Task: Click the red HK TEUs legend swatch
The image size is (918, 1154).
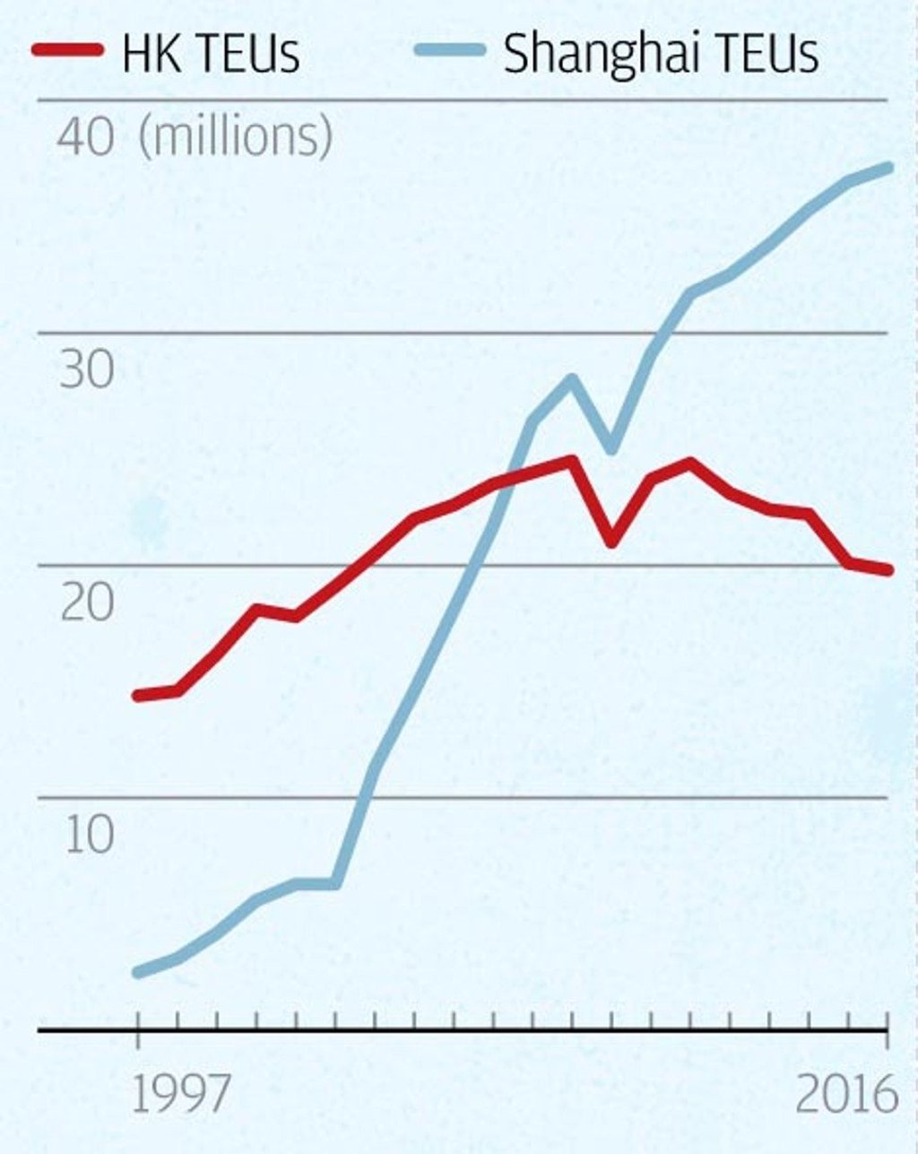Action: click(x=67, y=50)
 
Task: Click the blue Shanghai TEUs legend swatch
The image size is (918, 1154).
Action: click(x=450, y=50)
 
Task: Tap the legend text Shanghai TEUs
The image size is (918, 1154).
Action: click(x=662, y=53)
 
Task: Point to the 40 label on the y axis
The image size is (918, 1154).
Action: click(x=85, y=138)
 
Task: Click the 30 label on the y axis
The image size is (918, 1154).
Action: click(x=87, y=370)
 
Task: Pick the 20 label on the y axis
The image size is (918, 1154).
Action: click(x=87, y=603)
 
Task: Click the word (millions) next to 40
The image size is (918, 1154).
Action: click(x=236, y=137)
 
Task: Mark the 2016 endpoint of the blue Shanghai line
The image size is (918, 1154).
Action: click(x=888, y=169)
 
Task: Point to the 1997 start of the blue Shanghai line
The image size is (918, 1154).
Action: click(x=138, y=973)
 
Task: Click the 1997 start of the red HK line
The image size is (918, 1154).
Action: click(x=138, y=696)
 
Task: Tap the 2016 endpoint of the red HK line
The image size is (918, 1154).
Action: click(x=888, y=570)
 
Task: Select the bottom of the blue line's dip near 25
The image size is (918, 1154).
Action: click(x=611, y=449)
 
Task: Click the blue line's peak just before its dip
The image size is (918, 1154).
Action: click(x=572, y=379)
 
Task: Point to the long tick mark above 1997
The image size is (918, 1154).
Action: click(x=138, y=1030)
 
